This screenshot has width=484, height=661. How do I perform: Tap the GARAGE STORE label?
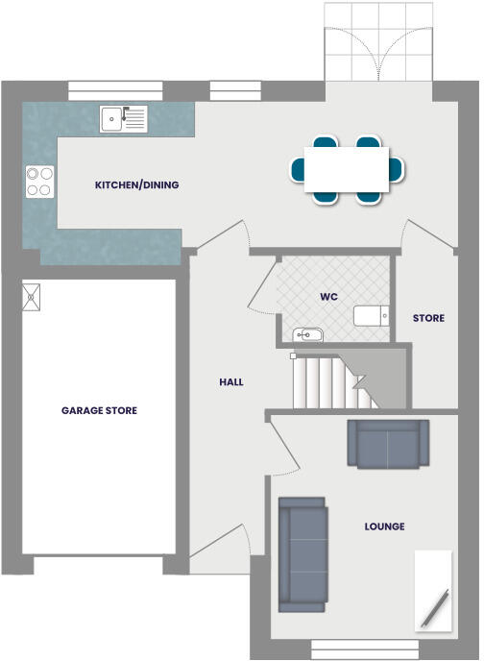click(x=99, y=410)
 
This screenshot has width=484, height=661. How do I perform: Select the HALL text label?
click(x=230, y=381)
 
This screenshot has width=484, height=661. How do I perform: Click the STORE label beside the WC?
click(x=428, y=318)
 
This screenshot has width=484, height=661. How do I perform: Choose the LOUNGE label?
click(x=384, y=526)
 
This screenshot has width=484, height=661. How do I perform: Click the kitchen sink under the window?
click(x=124, y=119)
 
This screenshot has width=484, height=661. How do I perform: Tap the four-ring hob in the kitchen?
click(x=39, y=182)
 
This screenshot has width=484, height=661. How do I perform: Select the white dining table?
click(x=347, y=169)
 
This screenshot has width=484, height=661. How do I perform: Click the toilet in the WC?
click(x=371, y=316)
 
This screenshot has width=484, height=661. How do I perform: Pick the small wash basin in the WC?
click(x=308, y=335)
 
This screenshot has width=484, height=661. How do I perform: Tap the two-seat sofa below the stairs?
click(x=388, y=445)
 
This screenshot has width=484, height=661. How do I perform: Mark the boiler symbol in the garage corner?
click(x=32, y=296)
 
